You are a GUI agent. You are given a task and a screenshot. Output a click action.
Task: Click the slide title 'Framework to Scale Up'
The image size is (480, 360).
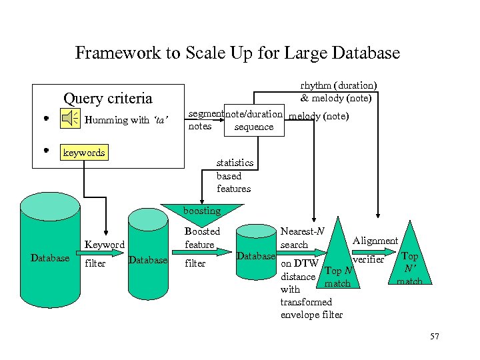(x=237, y=53)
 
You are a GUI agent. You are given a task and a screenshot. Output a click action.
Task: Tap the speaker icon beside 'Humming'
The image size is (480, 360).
(x=70, y=119)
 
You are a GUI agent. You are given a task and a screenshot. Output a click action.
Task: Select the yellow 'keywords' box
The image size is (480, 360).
(x=83, y=153)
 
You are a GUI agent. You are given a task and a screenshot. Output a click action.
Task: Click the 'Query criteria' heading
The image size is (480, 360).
(x=107, y=99)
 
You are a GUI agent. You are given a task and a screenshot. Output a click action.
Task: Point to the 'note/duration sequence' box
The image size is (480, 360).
(x=254, y=121)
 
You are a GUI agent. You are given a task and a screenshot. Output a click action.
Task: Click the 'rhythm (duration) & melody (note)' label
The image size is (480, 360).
(x=338, y=91)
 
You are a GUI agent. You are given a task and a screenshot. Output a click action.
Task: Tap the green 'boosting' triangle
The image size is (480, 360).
(x=202, y=210)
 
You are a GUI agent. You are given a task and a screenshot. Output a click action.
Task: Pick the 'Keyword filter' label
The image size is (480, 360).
(x=103, y=254)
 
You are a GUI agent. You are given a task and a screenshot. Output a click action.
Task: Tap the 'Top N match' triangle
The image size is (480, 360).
(x=337, y=273)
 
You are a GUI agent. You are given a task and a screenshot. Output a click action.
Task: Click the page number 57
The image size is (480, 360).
(x=435, y=337)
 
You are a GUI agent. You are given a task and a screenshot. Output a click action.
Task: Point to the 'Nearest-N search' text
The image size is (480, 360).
(x=302, y=238)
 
